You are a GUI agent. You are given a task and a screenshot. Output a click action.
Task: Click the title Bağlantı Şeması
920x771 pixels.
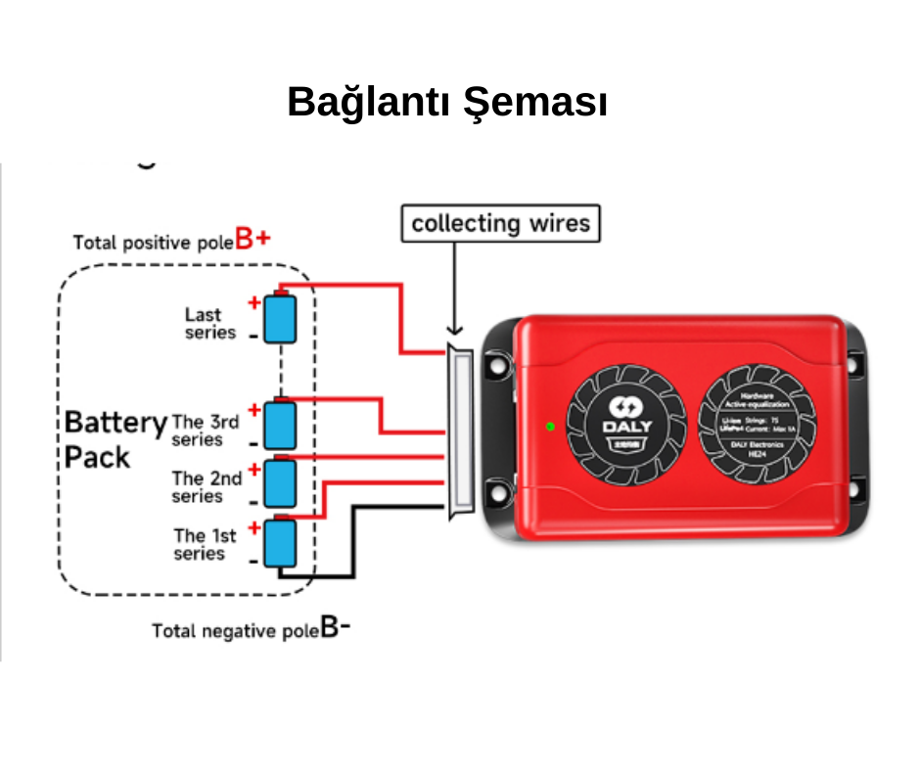(x=447, y=103)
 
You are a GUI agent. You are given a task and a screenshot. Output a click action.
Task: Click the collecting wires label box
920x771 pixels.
(x=500, y=223)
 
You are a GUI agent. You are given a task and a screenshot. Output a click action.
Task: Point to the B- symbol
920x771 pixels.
(x=336, y=627)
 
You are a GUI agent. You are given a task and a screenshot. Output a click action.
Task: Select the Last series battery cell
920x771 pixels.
(x=282, y=318)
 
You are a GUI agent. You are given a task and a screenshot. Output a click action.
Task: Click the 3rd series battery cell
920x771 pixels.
(x=282, y=424)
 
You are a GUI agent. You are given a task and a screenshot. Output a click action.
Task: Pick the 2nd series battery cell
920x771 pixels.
(x=282, y=480)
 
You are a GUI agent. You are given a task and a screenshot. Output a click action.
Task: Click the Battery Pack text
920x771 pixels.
(x=114, y=439)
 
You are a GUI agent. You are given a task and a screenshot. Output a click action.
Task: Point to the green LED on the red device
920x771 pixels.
(x=550, y=426)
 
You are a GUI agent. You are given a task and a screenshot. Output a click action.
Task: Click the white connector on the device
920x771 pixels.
(x=458, y=431)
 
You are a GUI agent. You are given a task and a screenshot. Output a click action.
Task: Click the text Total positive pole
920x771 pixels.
(x=153, y=243)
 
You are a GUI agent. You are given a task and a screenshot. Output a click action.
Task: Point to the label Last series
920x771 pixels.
(x=209, y=323)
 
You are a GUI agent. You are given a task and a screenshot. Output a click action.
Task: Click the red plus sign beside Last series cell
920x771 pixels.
(x=253, y=302)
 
